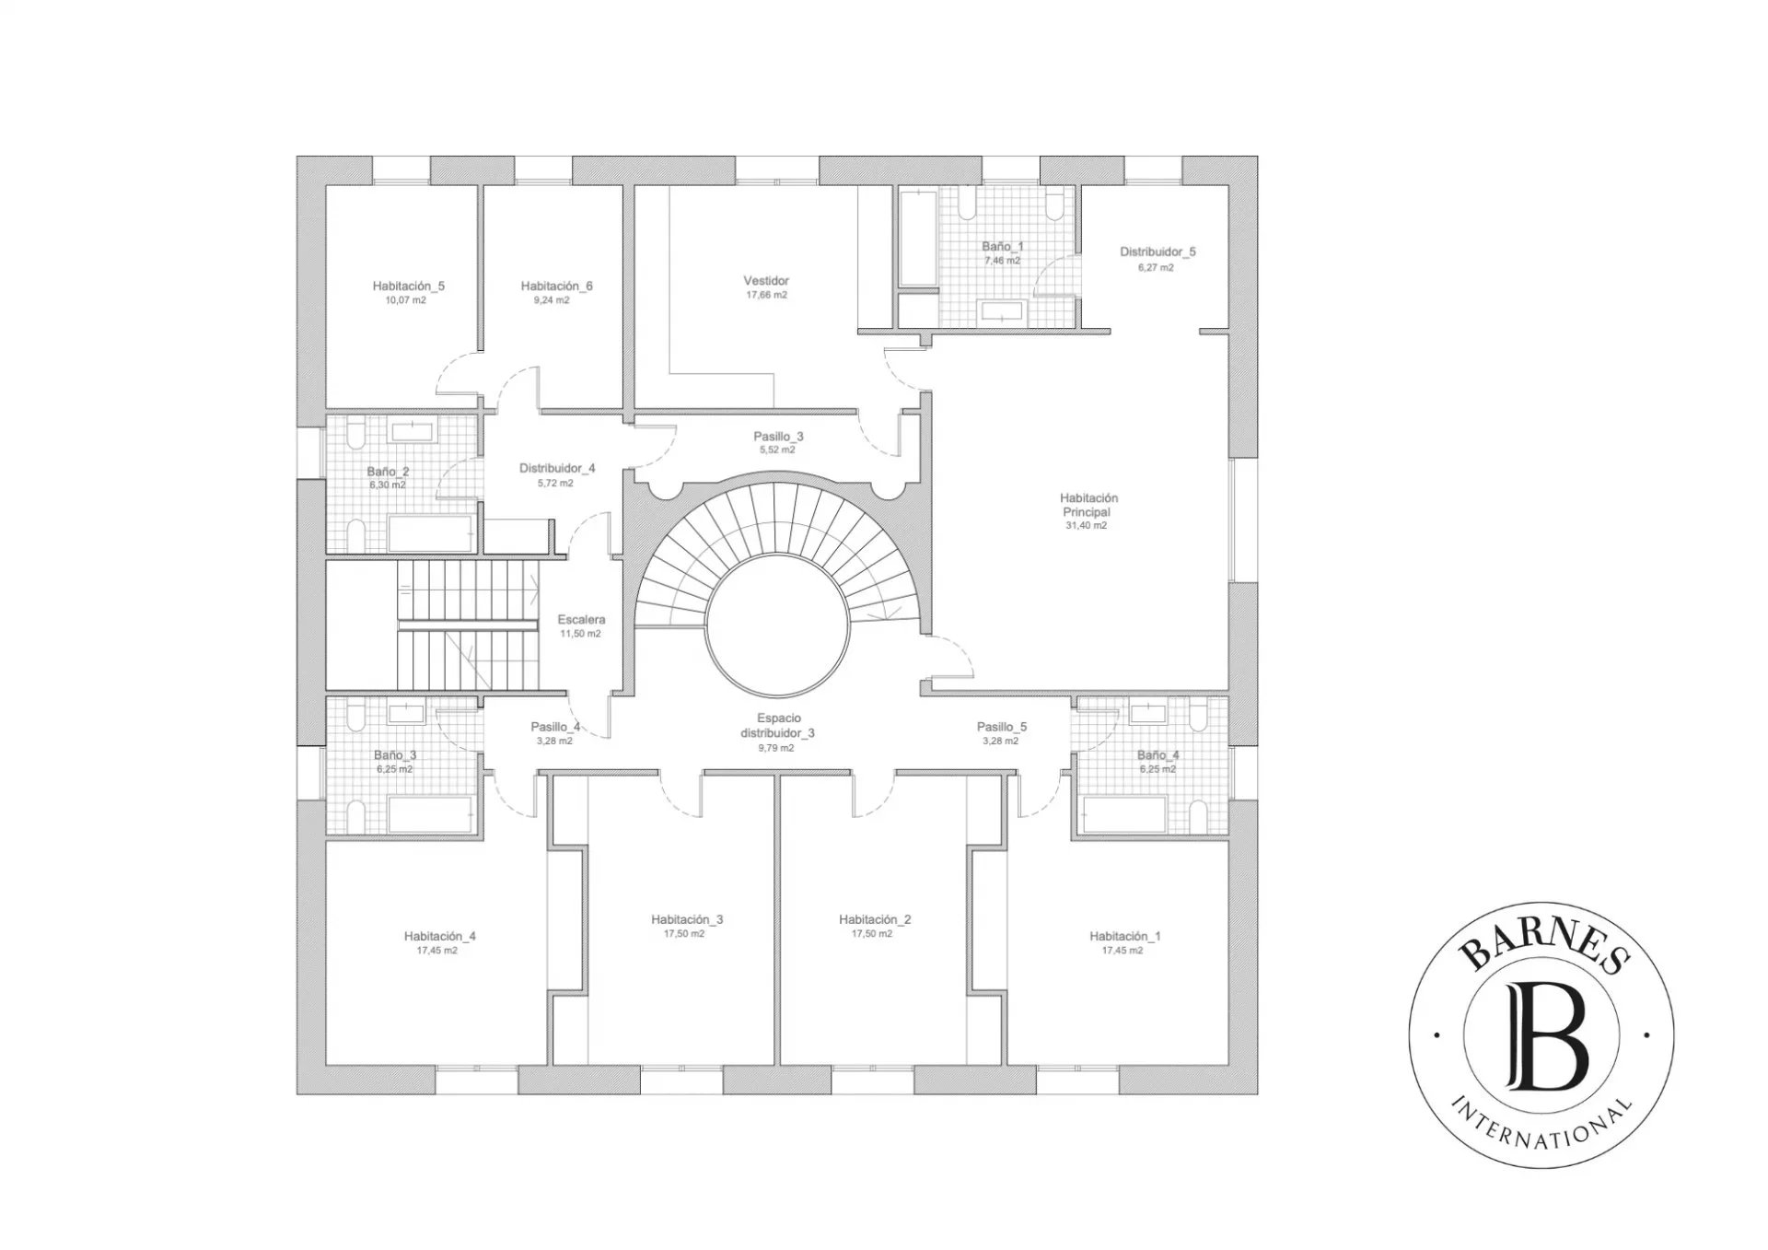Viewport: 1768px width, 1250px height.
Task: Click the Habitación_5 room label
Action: (408, 286)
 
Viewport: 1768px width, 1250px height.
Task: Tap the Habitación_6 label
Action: (556, 286)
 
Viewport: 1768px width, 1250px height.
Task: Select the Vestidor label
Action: (766, 280)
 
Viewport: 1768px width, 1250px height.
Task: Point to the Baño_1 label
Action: (1002, 246)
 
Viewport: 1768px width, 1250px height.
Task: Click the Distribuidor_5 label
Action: (1157, 251)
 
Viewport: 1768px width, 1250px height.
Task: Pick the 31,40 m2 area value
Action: (1087, 526)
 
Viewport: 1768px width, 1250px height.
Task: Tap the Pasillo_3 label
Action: (778, 436)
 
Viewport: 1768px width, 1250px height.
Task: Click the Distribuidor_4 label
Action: (557, 468)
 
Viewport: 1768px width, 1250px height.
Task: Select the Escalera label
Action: (581, 619)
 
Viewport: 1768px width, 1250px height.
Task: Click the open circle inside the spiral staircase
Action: (777, 624)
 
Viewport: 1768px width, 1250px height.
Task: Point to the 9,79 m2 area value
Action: (776, 748)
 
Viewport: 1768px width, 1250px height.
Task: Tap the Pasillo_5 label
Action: (1001, 727)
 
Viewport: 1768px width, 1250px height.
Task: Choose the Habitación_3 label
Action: (687, 919)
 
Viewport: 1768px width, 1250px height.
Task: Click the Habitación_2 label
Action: (875, 919)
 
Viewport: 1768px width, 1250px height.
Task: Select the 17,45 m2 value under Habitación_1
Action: (1122, 950)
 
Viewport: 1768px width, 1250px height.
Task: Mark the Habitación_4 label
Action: (439, 936)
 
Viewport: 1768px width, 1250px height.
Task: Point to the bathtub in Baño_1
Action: (918, 238)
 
